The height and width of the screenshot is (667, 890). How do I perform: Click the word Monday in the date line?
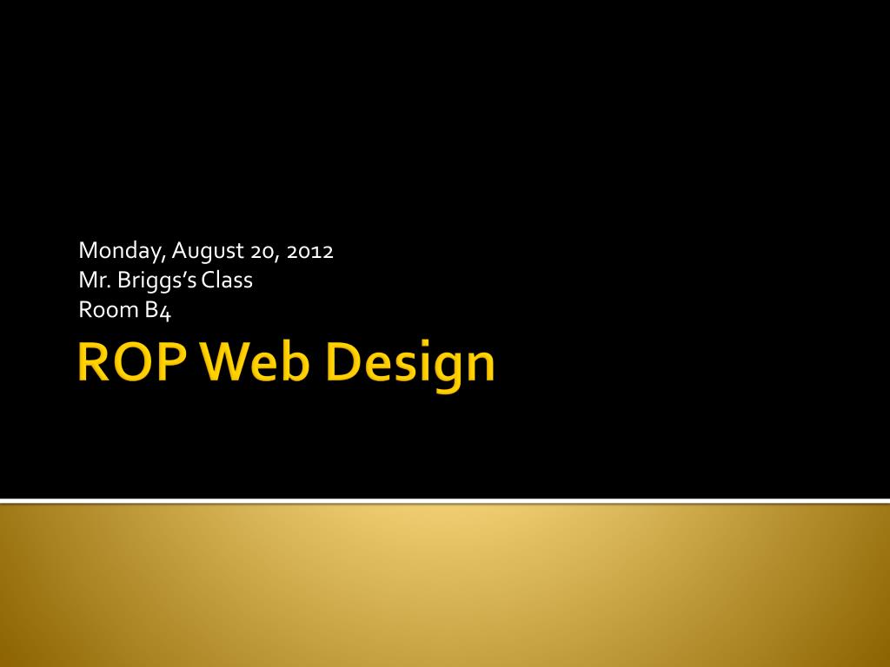point(122,251)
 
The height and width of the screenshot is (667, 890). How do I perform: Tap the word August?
point(208,251)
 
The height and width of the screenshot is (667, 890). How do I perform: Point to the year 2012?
point(310,251)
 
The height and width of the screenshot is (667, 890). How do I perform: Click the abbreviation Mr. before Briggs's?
point(95,281)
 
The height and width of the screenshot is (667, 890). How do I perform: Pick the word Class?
point(227,281)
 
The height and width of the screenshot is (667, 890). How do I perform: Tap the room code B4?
point(158,311)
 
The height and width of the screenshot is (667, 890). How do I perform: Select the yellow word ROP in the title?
point(132,362)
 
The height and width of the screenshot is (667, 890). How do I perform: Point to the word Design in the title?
point(411,366)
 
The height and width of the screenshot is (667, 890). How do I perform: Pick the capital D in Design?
point(344,362)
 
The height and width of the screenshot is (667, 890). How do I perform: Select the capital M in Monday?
point(89,250)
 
